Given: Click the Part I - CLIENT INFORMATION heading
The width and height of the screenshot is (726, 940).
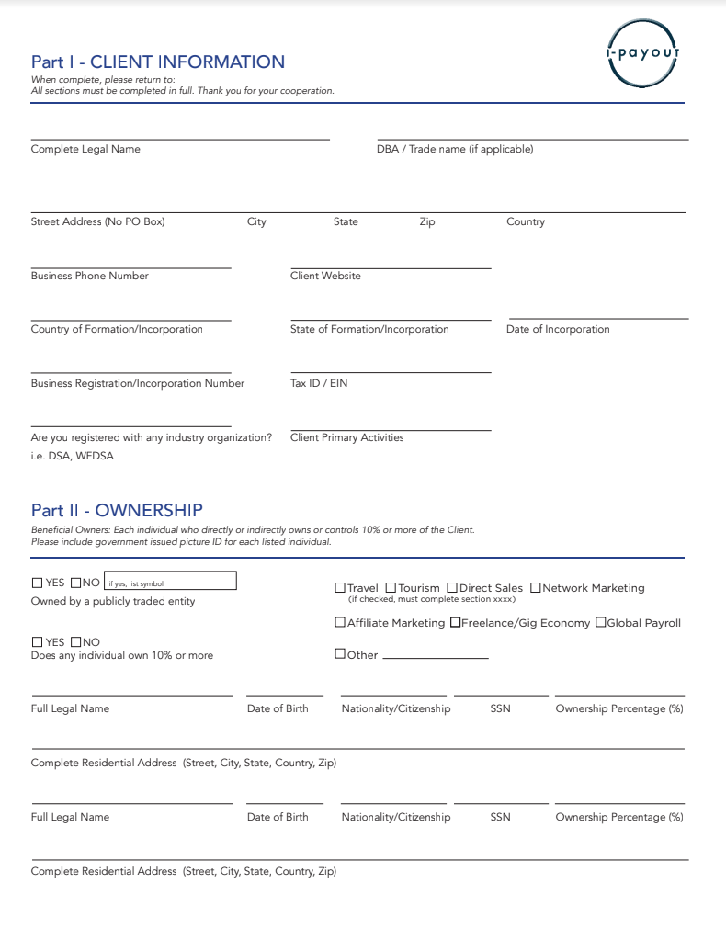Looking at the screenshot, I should click(158, 62).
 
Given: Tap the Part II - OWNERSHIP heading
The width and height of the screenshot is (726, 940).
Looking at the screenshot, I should click(117, 510).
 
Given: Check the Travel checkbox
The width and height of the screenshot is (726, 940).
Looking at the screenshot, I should click(340, 588).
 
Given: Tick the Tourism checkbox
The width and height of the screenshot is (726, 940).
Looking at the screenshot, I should click(391, 588).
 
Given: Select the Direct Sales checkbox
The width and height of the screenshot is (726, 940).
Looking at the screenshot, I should click(452, 588).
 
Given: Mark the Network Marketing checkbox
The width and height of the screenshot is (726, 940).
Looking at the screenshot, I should click(536, 588).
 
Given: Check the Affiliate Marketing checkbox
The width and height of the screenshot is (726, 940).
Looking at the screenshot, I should click(340, 623).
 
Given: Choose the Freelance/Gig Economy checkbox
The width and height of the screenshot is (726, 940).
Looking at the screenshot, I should click(455, 623).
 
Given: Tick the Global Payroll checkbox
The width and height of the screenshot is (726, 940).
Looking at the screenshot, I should click(601, 623).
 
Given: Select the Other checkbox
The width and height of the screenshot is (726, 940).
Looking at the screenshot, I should click(340, 654).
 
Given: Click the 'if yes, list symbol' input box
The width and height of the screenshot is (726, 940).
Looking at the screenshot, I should click(170, 582).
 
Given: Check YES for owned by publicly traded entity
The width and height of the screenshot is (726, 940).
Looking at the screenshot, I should click(38, 583).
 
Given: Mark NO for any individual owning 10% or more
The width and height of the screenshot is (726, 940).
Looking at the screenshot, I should click(75, 642).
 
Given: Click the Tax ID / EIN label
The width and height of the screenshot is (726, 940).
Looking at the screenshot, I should click(319, 383).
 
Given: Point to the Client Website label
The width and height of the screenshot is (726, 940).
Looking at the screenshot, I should click(325, 276).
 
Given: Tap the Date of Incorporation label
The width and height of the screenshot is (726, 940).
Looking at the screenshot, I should click(558, 329).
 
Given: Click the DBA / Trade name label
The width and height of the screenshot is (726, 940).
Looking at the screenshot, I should click(455, 149).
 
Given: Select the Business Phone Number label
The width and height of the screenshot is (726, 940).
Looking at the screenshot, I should click(89, 276).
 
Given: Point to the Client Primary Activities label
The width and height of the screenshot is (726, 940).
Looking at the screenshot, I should click(346, 437).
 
